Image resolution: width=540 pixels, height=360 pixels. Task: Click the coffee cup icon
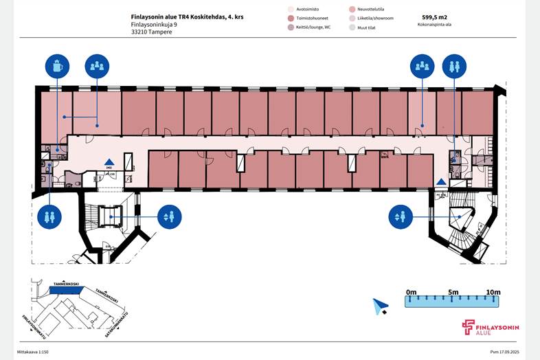pyautogui.click(x=58, y=67)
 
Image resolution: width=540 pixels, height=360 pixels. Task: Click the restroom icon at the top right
pyautogui.click(x=454, y=67)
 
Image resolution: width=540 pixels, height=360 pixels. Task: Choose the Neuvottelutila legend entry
pyautogui.click(x=371, y=9)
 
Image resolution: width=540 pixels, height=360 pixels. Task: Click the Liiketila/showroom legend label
pyautogui.click(x=375, y=19)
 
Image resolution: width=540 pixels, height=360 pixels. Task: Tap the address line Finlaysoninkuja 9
pyautogui.click(x=154, y=25)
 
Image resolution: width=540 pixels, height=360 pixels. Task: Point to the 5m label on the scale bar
pyautogui.click(x=453, y=293)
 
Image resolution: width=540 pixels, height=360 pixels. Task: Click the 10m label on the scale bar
pyautogui.click(x=493, y=293)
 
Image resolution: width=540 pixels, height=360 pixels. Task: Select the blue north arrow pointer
pyautogui.click(x=380, y=306)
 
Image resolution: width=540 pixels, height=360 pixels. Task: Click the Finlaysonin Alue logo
pyautogui.click(x=490, y=327)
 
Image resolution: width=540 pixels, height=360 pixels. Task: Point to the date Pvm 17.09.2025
pyautogui.click(x=508, y=351)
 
